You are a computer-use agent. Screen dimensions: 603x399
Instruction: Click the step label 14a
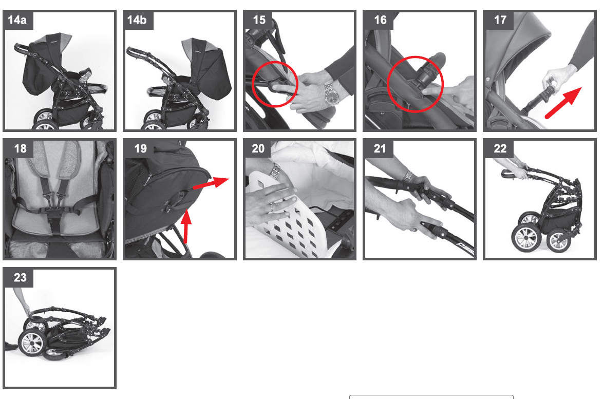click(17, 20)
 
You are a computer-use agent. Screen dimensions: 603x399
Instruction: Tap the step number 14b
click(137, 20)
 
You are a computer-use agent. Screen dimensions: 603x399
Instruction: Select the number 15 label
click(259, 20)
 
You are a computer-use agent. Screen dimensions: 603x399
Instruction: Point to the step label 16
click(380, 20)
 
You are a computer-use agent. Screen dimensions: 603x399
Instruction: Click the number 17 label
click(500, 20)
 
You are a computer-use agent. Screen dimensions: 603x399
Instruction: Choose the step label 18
click(21, 148)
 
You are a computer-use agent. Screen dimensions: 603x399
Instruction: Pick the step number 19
click(140, 148)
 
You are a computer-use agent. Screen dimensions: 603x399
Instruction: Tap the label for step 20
click(258, 148)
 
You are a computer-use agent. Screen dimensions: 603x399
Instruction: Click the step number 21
click(380, 148)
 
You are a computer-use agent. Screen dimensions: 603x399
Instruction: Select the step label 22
click(500, 148)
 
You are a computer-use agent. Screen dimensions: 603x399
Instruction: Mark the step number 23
click(21, 277)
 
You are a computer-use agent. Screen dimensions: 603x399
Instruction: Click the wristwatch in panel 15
click(331, 94)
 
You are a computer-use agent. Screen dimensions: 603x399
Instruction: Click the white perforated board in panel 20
click(285, 215)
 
